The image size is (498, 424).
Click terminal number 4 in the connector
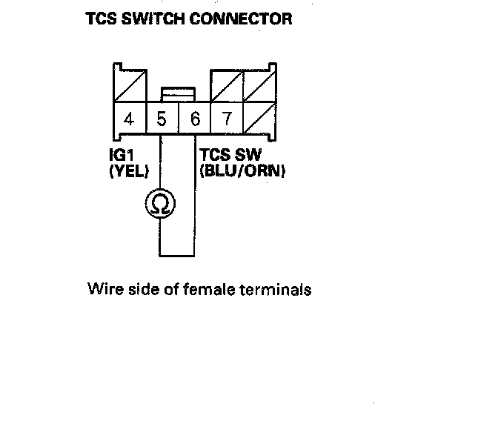pyautogui.click(x=129, y=119)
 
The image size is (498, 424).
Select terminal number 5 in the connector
pyautogui.click(x=162, y=119)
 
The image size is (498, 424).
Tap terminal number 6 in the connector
pyautogui.click(x=195, y=119)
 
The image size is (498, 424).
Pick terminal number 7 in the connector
pyautogui.click(x=228, y=119)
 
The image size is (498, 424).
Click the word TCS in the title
pyautogui.click(x=102, y=19)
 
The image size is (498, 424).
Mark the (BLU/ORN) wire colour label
pyautogui.click(x=243, y=172)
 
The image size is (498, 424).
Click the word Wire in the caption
pyautogui.click(x=102, y=289)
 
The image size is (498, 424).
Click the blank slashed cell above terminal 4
pyautogui.click(x=129, y=86)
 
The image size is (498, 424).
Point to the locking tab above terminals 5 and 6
pyautogui.click(x=179, y=93)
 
